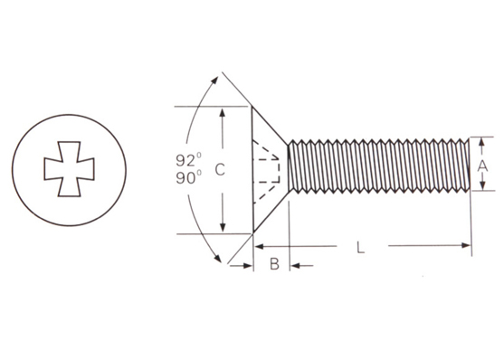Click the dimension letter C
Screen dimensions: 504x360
pos(220,169)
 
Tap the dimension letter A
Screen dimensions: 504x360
pos(482,166)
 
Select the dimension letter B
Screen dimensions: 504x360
pos(274,264)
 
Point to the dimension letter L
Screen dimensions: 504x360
pos(361,247)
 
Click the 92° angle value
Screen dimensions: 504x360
pos(189,160)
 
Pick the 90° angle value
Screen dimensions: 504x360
pos(189,177)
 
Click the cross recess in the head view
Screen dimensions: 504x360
pos(69,169)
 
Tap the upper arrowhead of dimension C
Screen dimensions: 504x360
pos(222,113)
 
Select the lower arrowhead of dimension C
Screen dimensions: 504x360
pos(223,227)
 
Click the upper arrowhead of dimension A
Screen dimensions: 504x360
pos(481,142)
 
